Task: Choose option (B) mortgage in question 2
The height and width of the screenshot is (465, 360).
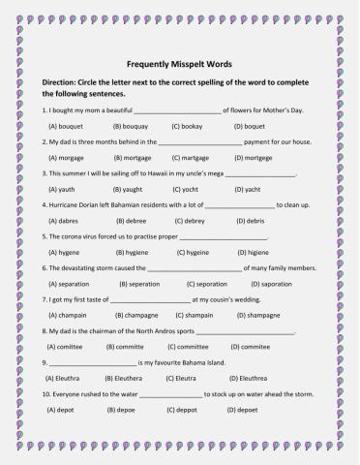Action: (133, 158)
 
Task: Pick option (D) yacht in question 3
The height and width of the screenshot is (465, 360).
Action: (249, 190)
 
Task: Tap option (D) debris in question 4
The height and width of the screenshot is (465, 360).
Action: (247, 222)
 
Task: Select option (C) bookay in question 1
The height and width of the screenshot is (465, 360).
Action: (189, 127)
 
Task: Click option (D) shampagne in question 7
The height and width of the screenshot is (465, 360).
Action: (255, 315)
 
